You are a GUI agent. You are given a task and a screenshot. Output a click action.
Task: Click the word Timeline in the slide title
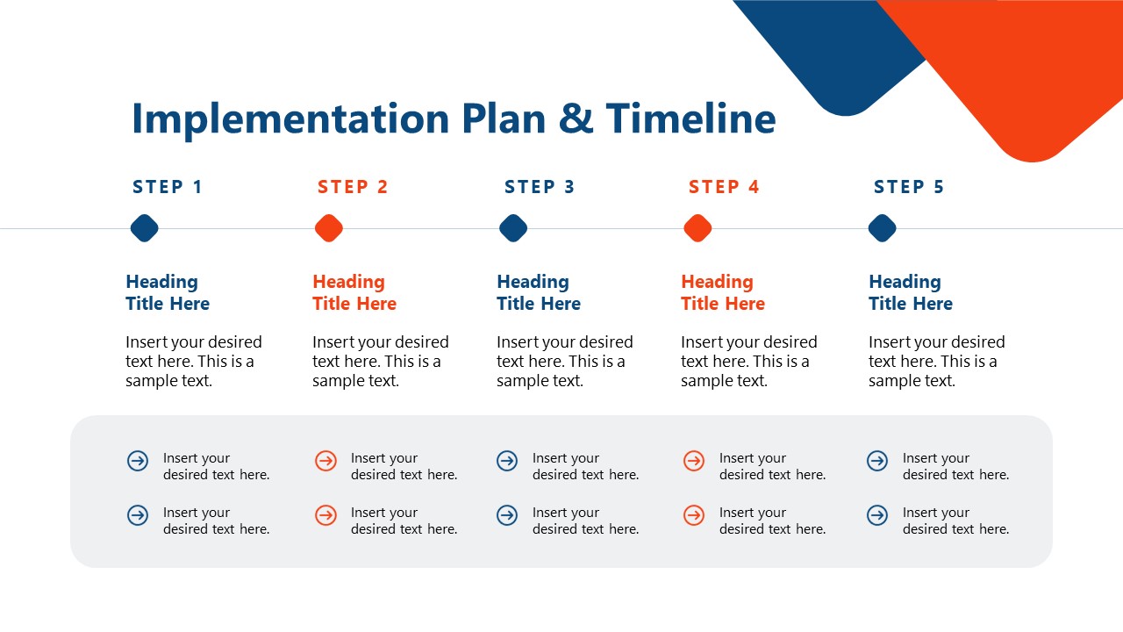click(x=690, y=119)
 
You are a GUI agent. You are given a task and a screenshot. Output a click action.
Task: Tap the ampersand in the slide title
click(x=576, y=119)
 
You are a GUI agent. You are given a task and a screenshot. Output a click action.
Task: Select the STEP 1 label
click(x=168, y=187)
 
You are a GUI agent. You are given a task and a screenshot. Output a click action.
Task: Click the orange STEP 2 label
click(x=353, y=187)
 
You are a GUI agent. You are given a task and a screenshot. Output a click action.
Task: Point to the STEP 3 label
click(x=540, y=187)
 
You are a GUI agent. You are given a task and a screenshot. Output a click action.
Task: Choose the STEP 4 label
click(x=724, y=187)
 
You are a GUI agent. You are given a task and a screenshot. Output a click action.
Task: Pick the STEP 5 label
click(x=909, y=187)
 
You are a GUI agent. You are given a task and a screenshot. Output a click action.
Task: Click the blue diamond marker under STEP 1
click(x=145, y=228)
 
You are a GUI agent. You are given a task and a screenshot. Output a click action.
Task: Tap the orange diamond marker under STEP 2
click(x=329, y=228)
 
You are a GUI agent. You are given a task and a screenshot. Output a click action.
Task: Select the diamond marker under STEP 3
click(x=513, y=228)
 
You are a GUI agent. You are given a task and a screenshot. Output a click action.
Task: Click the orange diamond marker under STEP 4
click(x=697, y=228)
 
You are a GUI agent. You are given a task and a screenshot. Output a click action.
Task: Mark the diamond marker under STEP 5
click(x=882, y=228)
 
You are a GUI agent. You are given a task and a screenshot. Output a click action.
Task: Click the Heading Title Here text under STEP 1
click(x=168, y=292)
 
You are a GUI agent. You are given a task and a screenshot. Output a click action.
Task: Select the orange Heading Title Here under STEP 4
click(x=723, y=292)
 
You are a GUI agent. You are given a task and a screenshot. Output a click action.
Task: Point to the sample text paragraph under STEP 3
click(x=564, y=361)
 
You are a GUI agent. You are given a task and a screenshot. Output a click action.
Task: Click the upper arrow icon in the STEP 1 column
click(x=138, y=461)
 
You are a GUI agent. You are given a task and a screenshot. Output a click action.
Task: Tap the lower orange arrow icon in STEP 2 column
click(x=325, y=515)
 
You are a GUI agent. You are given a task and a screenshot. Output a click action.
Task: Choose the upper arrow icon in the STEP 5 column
click(x=877, y=461)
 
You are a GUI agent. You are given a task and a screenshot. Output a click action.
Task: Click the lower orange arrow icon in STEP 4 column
click(x=694, y=515)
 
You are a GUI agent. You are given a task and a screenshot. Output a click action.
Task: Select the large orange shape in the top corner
click(x=1026, y=70)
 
